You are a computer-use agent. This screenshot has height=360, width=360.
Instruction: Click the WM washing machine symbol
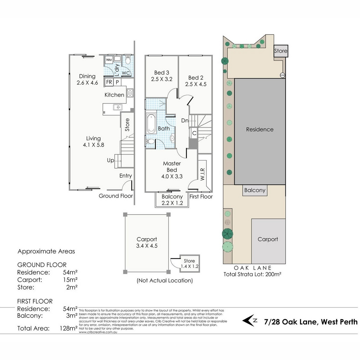(x=109, y=60)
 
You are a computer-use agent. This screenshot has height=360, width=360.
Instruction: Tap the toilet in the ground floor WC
(x=128, y=60)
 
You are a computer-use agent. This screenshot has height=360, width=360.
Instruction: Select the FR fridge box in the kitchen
(x=109, y=82)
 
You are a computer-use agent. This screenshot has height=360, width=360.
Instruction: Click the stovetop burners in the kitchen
(x=130, y=93)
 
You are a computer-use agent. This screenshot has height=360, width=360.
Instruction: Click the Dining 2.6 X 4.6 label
(x=87, y=79)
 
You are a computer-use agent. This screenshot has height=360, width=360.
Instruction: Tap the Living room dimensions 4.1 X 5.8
(x=93, y=145)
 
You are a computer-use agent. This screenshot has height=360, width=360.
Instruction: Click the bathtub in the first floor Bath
(x=151, y=124)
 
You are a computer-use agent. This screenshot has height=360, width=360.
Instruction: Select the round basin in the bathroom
(x=172, y=138)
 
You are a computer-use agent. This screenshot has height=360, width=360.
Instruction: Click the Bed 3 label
(x=162, y=73)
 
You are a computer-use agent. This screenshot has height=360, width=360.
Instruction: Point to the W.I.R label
(x=202, y=174)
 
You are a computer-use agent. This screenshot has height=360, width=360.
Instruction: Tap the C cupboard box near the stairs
(x=194, y=133)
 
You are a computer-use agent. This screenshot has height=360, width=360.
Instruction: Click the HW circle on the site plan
(x=282, y=75)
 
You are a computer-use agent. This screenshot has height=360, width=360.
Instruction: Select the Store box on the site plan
(x=281, y=51)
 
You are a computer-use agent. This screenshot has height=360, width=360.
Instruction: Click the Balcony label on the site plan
(x=255, y=190)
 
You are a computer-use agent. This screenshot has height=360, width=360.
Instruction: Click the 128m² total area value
(x=68, y=328)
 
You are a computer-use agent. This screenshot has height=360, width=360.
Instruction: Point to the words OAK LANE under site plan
(x=252, y=268)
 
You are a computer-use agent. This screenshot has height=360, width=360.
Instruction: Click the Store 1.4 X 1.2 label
(x=189, y=263)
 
